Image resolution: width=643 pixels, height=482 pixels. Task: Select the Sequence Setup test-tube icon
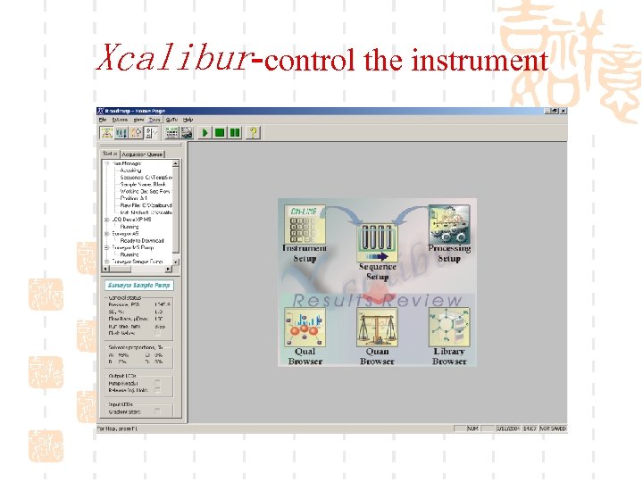(377, 241)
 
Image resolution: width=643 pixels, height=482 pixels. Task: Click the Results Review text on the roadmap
(378, 301)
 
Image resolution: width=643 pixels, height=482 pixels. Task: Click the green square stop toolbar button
(220, 132)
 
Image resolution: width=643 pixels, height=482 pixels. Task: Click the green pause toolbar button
(235, 132)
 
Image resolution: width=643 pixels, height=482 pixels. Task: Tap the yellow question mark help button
(253, 132)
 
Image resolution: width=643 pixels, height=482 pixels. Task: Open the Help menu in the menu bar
(188, 120)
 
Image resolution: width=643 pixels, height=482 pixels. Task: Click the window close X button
(563, 111)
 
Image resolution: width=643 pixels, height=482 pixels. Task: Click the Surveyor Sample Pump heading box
(139, 286)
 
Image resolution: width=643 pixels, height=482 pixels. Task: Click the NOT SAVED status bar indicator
(552, 428)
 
